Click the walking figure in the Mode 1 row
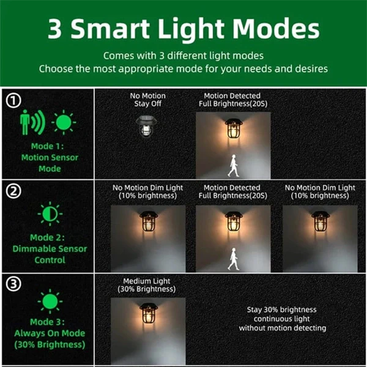(x=233, y=166)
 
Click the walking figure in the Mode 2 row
(x=233, y=259)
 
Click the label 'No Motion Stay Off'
(x=147, y=100)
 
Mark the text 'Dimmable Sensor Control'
(x=50, y=254)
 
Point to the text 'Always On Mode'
(x=50, y=333)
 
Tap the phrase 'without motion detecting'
(x=281, y=328)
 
